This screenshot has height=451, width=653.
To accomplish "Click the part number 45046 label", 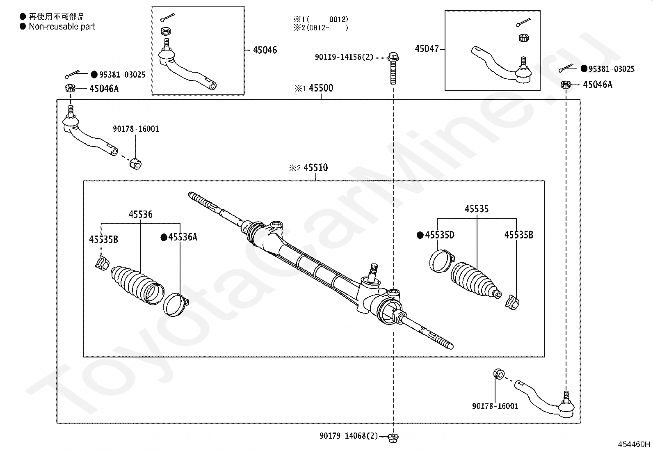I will [x=265, y=50].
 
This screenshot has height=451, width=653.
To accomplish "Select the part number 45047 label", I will [x=427, y=49].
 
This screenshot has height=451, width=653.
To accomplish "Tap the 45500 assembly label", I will [x=321, y=88].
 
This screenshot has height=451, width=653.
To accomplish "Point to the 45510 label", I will [x=315, y=167].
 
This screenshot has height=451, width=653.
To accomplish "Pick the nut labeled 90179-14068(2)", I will [x=393, y=437].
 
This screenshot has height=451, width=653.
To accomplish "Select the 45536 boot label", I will [x=140, y=214].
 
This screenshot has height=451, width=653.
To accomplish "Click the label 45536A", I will [x=183, y=237].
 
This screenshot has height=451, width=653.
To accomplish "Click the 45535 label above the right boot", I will [x=477, y=209].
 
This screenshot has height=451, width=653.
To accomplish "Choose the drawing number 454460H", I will [x=634, y=444].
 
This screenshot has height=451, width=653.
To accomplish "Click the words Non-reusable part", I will [x=62, y=27].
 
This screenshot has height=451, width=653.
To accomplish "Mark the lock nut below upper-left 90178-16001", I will [x=135, y=164].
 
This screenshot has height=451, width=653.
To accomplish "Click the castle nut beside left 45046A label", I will [x=70, y=88].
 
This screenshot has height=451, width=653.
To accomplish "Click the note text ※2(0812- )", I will [x=320, y=28].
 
